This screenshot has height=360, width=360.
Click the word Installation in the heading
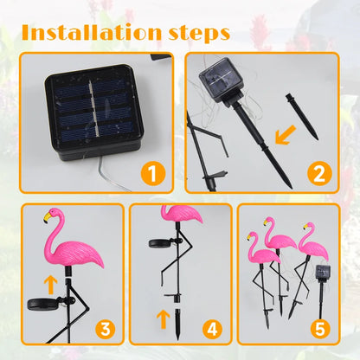pos(89,33)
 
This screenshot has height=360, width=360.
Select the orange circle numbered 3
pos(104,329)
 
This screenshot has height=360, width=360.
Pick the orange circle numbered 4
pos(211,329)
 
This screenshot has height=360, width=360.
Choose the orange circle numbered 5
pos(318,329)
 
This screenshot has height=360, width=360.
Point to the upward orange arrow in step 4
pos(162,319)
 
